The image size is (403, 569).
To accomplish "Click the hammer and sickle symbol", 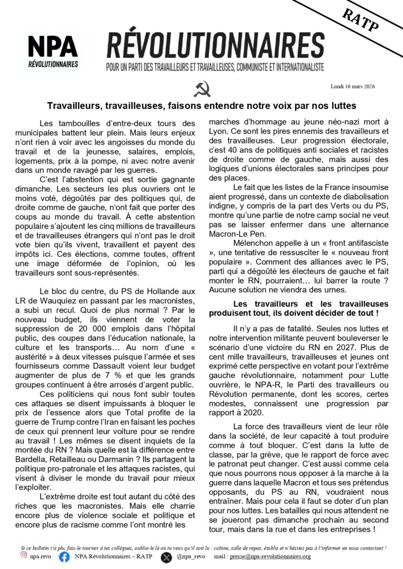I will pyautogui.click(x=202, y=89).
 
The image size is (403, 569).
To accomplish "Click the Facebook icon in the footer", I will pyautogui.click(x=64, y=556).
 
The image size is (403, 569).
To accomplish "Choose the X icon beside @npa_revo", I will pyautogui.click(x=166, y=556).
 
